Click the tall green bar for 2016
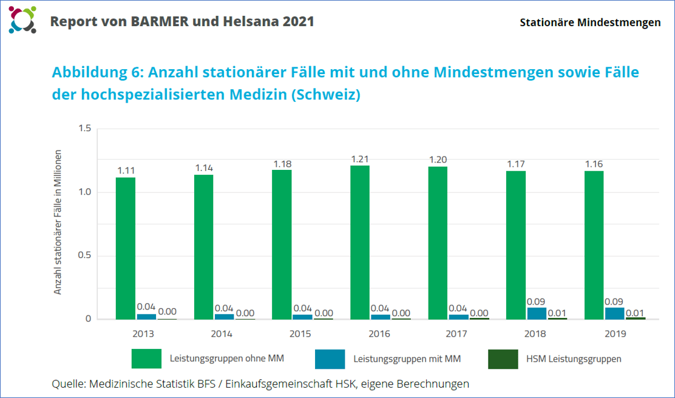tap(359, 242)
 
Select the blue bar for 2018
tap(537, 313)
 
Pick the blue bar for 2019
tap(614, 313)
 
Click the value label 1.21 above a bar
tap(360, 159)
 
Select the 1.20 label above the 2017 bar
tap(438, 160)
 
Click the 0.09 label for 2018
tap(537, 302)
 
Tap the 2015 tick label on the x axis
tap(300, 334)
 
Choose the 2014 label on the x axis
tap(222, 334)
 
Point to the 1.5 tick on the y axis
tap(84, 129)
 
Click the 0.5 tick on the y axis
tap(84, 255)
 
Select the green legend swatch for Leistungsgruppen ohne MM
tap(146, 359)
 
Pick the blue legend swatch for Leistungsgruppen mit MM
tap(330, 359)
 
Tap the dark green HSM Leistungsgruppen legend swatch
tap(503, 359)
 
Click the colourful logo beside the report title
tap(22, 20)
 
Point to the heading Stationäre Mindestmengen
tap(590, 22)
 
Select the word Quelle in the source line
tap(69, 383)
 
